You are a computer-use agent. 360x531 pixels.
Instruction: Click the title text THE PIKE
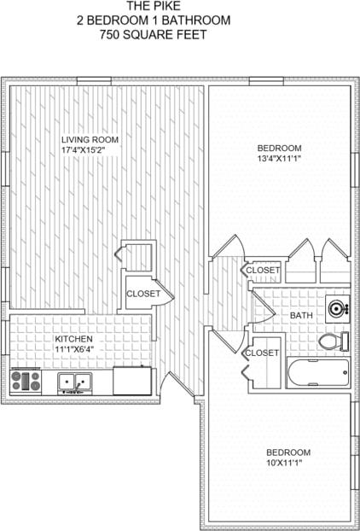pos(142,6)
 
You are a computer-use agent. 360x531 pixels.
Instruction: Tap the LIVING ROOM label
pos(90,140)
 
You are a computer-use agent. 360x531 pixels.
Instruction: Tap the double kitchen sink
pos(76,382)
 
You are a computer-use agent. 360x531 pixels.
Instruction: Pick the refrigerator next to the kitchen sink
pos(131,380)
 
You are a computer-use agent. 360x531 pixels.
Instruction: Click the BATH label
pos(301,316)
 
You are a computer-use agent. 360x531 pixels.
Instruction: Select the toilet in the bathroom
pos(333,342)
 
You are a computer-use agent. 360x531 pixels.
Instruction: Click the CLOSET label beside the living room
pos(143,294)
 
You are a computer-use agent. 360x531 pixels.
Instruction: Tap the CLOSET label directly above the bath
pos(263,271)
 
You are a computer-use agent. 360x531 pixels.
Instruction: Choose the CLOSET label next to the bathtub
pos(262,353)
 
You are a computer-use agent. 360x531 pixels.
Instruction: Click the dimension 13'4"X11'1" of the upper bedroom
pos(280,159)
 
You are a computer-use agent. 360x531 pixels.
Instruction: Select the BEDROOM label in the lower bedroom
pos(287,452)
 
